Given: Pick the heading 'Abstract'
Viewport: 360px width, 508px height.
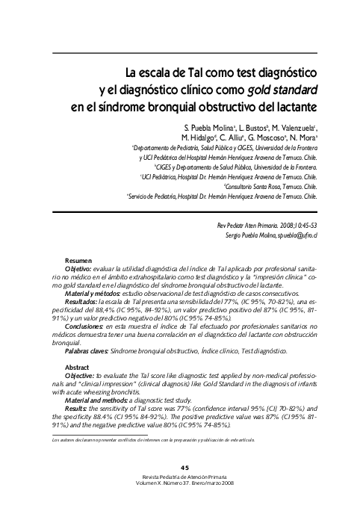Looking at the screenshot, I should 78,368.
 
